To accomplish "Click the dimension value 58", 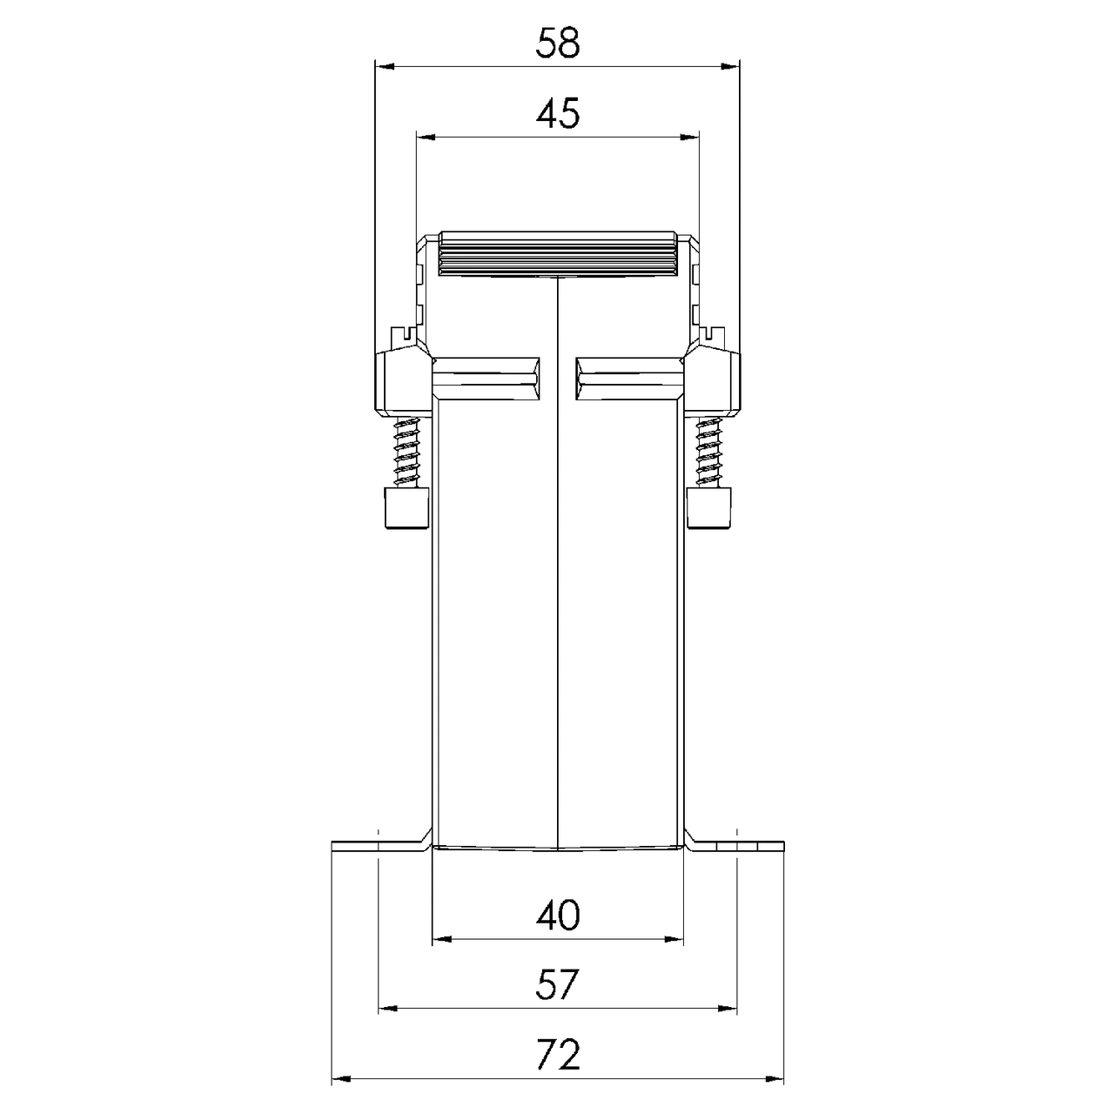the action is [x=557, y=44].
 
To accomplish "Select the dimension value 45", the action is [x=558, y=114].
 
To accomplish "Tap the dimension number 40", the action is [x=558, y=915].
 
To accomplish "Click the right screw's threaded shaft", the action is [x=709, y=452].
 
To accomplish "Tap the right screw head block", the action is [x=708, y=507].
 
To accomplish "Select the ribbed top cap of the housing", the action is [x=557, y=254].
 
